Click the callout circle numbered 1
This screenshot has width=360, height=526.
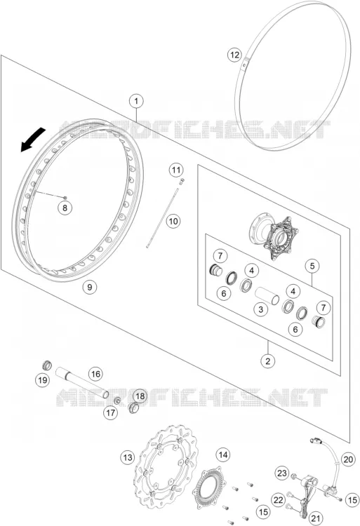[136, 101]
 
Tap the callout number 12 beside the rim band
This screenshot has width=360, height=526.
[234, 54]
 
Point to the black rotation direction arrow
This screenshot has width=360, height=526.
[33, 140]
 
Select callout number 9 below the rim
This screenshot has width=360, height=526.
[89, 287]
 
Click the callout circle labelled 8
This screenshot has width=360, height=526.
[65, 208]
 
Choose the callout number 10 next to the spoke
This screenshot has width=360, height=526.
[173, 222]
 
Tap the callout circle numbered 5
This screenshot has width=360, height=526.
[312, 267]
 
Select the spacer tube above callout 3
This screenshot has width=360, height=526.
[267, 295]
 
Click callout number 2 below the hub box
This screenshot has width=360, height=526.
[267, 361]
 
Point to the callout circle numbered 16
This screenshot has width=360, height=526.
[95, 374]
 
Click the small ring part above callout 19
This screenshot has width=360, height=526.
[47, 365]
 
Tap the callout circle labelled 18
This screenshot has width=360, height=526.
[140, 396]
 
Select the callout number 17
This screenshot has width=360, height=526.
[110, 412]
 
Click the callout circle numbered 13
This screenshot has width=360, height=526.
[128, 457]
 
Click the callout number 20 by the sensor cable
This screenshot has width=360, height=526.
[348, 459]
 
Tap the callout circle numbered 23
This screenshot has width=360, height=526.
[282, 473]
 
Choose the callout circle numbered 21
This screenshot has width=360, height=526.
[316, 518]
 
